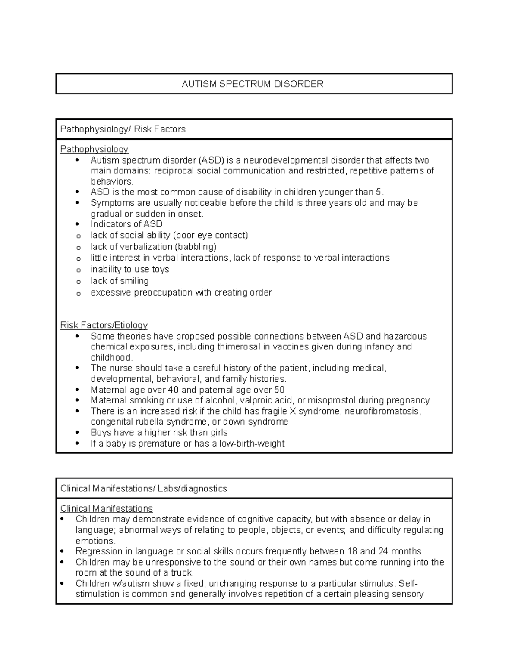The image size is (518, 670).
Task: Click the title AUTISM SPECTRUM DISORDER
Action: click(x=253, y=84)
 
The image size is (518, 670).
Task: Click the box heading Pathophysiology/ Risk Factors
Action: click(x=123, y=129)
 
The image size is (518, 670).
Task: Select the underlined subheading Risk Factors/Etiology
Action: click(x=104, y=325)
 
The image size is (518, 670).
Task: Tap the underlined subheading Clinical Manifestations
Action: click(x=107, y=508)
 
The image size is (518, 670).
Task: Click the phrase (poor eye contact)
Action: click(x=210, y=235)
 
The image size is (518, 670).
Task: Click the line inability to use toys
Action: click(x=129, y=269)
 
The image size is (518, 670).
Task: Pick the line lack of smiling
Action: click(x=120, y=281)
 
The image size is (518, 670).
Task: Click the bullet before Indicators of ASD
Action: click(x=78, y=224)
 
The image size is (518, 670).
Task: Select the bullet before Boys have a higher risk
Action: click(x=78, y=433)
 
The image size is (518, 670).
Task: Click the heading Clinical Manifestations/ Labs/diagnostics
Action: click(x=144, y=488)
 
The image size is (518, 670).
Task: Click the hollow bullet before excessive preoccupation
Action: click(x=78, y=293)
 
